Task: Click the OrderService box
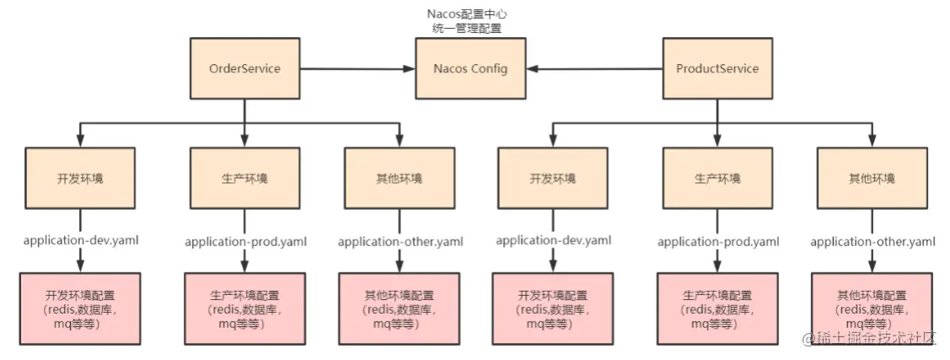pyautogui.click(x=244, y=68)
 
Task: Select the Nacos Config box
pyautogui.click(x=470, y=68)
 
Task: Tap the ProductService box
pyautogui.click(x=717, y=68)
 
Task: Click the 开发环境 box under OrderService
pyautogui.click(x=81, y=179)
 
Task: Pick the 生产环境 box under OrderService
pyautogui.click(x=244, y=179)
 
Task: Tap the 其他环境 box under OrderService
pyautogui.click(x=399, y=179)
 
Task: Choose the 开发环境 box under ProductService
pyautogui.click(x=553, y=179)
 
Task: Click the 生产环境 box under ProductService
pyautogui.click(x=717, y=179)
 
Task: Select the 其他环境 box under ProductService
pyautogui.click(x=872, y=179)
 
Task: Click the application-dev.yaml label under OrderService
pyautogui.click(x=81, y=240)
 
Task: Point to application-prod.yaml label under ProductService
pyautogui.click(x=717, y=241)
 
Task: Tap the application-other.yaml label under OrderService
pyautogui.click(x=399, y=241)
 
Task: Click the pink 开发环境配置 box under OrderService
pyautogui.click(x=81, y=309)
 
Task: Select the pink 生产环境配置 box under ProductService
pyautogui.click(x=717, y=309)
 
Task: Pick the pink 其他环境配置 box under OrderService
pyautogui.click(x=399, y=309)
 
